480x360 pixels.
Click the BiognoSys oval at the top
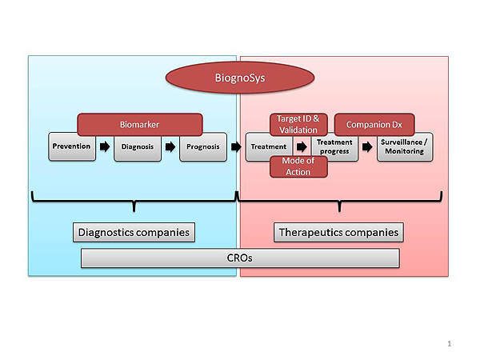pyautogui.click(x=239, y=79)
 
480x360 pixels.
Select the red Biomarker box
pyautogui.click(x=139, y=124)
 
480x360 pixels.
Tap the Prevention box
pyautogui.click(x=72, y=146)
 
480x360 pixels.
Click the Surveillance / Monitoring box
pyautogui.click(x=405, y=146)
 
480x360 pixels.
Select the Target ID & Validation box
pyautogui.click(x=298, y=123)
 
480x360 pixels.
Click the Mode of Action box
pyautogui.click(x=298, y=166)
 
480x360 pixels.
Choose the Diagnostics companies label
pyautogui.click(x=134, y=233)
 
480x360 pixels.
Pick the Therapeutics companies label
pyautogui.click(x=338, y=233)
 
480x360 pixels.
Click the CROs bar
pyautogui.click(x=241, y=258)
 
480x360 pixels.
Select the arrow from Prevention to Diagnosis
pyautogui.click(x=104, y=147)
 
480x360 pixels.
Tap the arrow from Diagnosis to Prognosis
pyautogui.click(x=170, y=147)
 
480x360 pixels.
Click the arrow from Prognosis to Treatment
pyautogui.click(x=236, y=147)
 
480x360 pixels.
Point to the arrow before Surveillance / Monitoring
pyautogui.click(x=367, y=147)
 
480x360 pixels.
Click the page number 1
pyautogui.click(x=450, y=344)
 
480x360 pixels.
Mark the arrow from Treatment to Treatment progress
pyautogui.click(x=301, y=147)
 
